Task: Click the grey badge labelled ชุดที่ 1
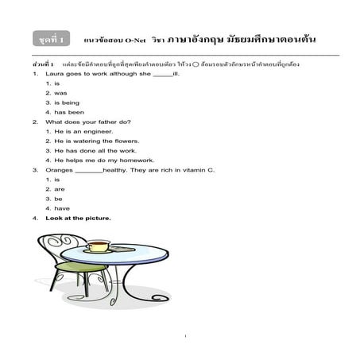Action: click(x=52, y=38)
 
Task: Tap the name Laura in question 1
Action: click(x=53, y=73)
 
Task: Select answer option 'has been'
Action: click(x=67, y=113)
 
